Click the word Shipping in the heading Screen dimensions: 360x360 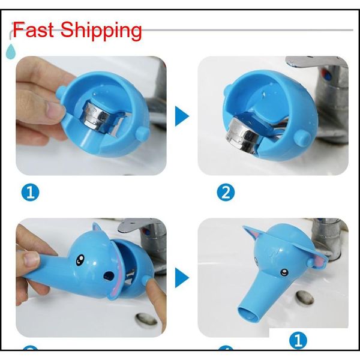100,31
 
